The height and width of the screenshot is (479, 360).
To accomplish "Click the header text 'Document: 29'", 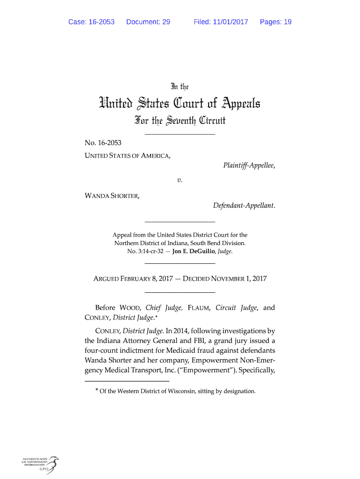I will click(x=148, y=22).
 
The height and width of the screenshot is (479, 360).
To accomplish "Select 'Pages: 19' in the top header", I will click(x=276, y=22).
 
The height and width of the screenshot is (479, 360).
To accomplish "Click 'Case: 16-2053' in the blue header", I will click(x=92, y=22).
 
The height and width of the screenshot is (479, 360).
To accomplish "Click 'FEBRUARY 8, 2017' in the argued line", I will click(x=140, y=279).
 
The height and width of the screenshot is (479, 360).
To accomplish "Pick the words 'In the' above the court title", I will click(x=180, y=87).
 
